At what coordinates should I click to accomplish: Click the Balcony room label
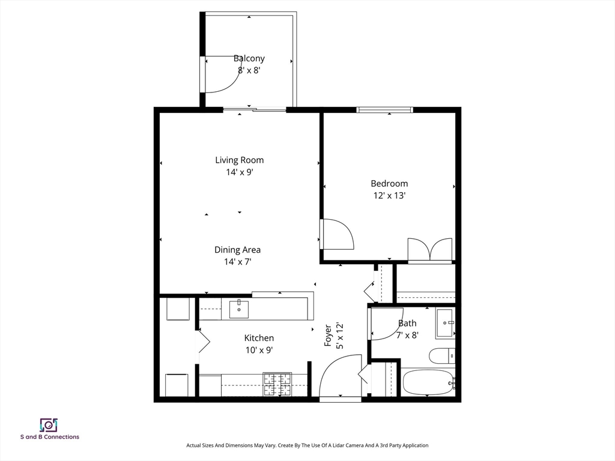[x=249, y=59]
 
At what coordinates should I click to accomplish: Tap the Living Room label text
[x=239, y=160]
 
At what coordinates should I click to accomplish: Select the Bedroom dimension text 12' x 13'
[x=389, y=195]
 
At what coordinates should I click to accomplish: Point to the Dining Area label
[x=237, y=250]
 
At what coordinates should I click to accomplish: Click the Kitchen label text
[x=259, y=338]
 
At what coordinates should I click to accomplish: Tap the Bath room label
[x=407, y=323]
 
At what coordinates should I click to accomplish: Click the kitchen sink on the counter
[x=239, y=309]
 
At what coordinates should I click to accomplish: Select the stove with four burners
[x=277, y=384]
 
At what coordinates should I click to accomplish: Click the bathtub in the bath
[x=428, y=382]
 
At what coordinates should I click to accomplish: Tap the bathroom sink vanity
[x=445, y=324]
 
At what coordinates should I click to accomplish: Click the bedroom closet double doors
[x=429, y=250]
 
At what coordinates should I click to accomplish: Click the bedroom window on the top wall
[x=384, y=110]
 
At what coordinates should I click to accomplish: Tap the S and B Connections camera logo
[x=49, y=425]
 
